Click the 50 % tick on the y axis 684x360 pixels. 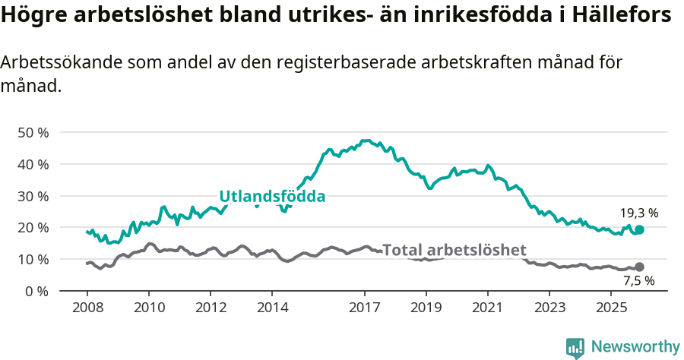tap(33, 132)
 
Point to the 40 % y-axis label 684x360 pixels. tap(33, 164)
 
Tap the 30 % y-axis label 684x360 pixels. tap(33, 196)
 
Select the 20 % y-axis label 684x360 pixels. tap(33, 227)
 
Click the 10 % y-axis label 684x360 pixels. tap(33, 259)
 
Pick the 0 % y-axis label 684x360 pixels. tap(36, 291)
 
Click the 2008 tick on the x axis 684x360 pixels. tap(87, 307)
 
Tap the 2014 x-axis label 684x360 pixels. tap(272, 307)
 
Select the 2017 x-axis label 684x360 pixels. tap(365, 307)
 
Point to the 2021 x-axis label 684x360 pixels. tap(487, 307)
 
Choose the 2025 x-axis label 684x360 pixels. tap(610, 307)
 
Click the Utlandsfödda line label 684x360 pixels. tap(272, 197)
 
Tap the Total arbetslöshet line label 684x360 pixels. tap(454, 250)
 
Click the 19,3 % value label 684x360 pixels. tap(639, 213)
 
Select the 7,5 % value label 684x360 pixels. tap(638, 281)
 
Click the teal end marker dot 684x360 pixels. tap(639, 229)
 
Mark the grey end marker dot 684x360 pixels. tap(639, 267)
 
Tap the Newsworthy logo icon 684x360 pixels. tap(575, 347)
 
